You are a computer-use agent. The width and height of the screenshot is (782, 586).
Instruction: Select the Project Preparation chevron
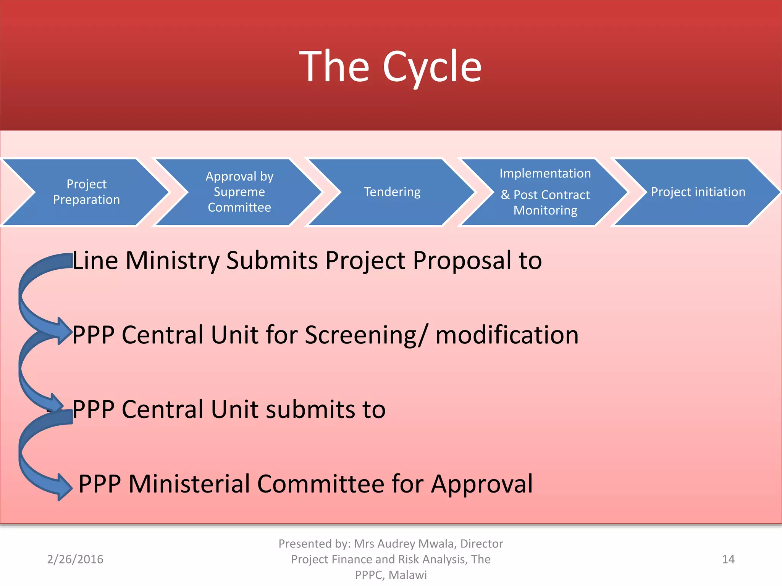pyautogui.click(x=86, y=192)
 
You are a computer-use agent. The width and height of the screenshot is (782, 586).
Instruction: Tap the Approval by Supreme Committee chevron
pyautogui.click(x=239, y=192)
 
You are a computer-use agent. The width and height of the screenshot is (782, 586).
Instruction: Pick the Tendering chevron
pyautogui.click(x=392, y=192)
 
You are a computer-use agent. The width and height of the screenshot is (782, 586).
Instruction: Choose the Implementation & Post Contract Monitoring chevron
pyautogui.click(x=545, y=192)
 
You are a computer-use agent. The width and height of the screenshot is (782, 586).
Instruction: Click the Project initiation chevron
pyautogui.click(x=698, y=192)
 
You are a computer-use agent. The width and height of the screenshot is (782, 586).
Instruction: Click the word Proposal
pyautogui.click(x=462, y=261)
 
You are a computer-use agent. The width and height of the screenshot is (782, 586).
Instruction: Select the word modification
pyautogui.click(x=507, y=335)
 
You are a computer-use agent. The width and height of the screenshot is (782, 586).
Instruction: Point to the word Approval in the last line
pyautogui.click(x=482, y=484)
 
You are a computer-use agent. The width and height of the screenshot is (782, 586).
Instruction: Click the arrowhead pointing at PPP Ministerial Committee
pyautogui.click(x=64, y=487)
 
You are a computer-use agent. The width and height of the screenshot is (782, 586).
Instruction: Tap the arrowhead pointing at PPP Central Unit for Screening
pyautogui.click(x=64, y=331)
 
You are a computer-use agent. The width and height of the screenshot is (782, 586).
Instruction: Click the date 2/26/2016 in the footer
pyautogui.click(x=75, y=559)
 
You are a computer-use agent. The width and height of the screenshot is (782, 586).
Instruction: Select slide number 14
pyautogui.click(x=728, y=559)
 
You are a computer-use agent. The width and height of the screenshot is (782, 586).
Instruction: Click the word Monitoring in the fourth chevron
pyautogui.click(x=545, y=210)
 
